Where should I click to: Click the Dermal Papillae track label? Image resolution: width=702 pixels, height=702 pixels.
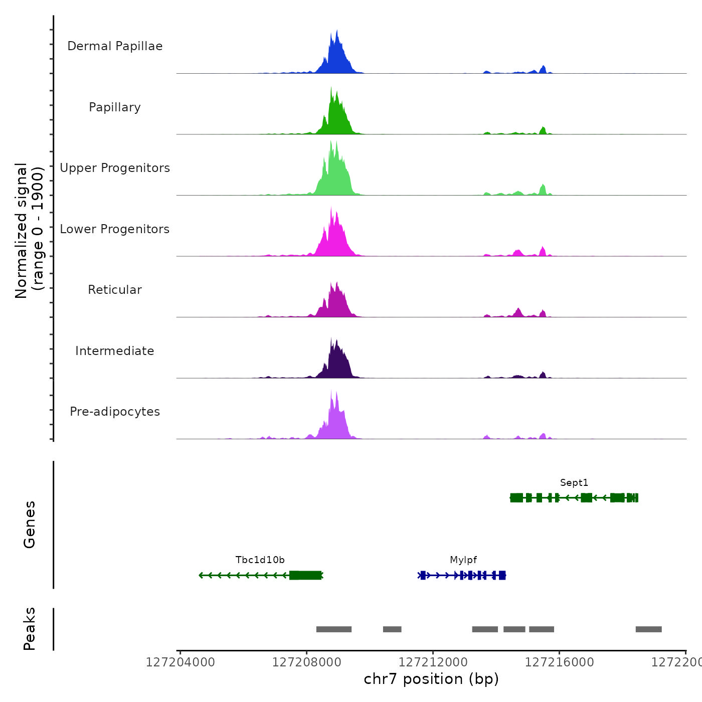(115, 46)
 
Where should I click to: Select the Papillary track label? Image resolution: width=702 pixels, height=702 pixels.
(115, 107)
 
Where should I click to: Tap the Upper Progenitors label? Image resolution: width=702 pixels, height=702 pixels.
(115, 168)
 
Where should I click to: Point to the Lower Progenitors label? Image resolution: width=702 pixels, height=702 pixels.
(115, 229)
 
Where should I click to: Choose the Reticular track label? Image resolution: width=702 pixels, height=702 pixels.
(115, 290)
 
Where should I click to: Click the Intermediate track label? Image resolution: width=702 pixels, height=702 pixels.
(115, 351)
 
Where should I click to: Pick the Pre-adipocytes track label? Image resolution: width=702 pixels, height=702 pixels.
(115, 412)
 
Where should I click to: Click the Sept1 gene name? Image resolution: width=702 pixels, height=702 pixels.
(574, 483)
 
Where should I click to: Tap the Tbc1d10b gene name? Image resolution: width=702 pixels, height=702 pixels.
(260, 560)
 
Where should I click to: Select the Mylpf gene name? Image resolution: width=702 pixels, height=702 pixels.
(463, 560)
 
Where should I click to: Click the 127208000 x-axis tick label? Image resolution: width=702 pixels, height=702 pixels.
(307, 662)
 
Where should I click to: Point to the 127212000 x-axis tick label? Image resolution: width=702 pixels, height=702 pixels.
(433, 662)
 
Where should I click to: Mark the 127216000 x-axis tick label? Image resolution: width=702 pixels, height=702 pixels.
(560, 662)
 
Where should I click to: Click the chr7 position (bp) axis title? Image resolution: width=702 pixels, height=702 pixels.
(431, 679)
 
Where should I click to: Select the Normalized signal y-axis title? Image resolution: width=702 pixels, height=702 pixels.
(29, 231)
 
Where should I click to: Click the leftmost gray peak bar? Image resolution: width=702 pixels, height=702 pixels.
(334, 629)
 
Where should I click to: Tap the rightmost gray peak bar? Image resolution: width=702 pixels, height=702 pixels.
(648, 629)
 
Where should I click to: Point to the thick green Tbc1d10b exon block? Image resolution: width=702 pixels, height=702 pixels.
(306, 575)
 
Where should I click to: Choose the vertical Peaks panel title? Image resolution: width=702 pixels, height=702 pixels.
(30, 629)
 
